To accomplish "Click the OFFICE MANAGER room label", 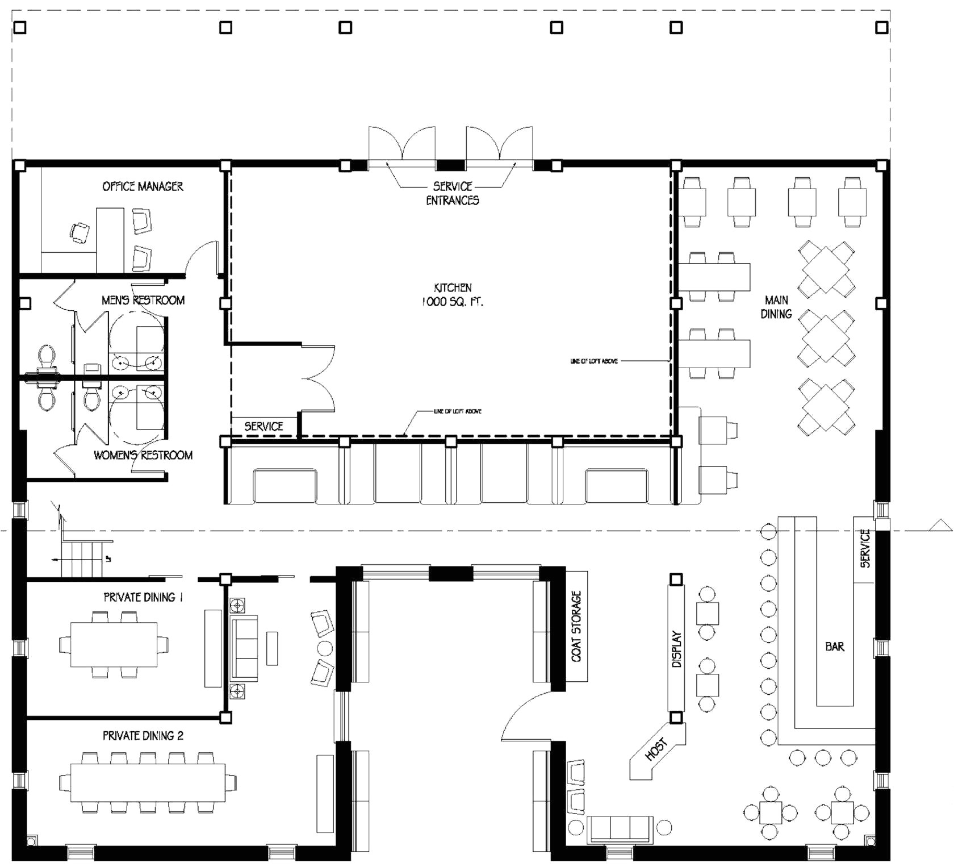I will coord(143,186).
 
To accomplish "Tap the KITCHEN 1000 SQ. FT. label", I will coord(453,295).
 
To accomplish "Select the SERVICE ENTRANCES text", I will coord(453,193).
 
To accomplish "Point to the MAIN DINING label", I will coord(776,307).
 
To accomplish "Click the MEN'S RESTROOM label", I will coord(143,300).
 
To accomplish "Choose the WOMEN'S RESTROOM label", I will coord(143,455).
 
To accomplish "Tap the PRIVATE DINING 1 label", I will coord(143,597).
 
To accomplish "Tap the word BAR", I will coord(835,647).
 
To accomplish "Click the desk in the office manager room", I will coord(110,239).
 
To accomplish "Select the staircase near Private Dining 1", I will coord(82,558).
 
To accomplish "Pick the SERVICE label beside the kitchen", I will coord(263,426).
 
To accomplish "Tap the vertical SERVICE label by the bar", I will coord(865,549).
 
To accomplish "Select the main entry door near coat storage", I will coord(525,719).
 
